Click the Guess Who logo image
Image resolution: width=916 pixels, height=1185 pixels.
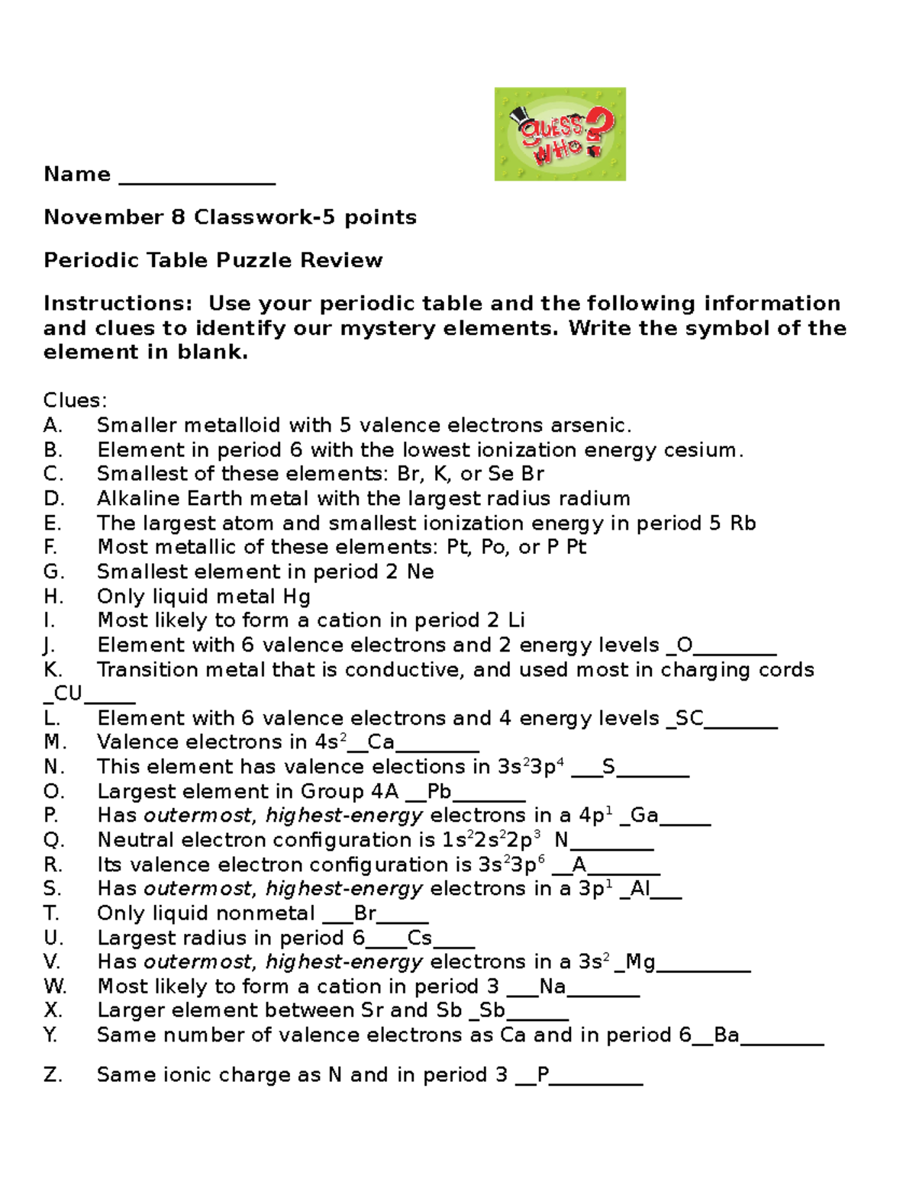pyautogui.click(x=560, y=134)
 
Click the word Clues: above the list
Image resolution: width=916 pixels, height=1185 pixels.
pyautogui.click(x=76, y=401)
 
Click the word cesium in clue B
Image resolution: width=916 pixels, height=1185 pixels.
pyautogui.click(x=702, y=449)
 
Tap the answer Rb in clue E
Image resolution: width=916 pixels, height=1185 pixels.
pyautogui.click(x=743, y=523)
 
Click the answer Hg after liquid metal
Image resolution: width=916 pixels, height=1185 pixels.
pyautogui.click(x=297, y=597)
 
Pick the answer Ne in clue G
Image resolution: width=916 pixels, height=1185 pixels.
pyautogui.click(x=421, y=572)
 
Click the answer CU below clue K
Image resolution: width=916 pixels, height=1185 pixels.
pyautogui.click(x=68, y=694)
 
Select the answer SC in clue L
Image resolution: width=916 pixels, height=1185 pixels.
pyautogui.click(x=689, y=718)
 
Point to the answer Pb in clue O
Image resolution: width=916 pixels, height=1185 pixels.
pyautogui.click(x=439, y=791)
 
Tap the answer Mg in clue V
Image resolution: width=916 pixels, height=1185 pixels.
pyautogui.click(x=640, y=962)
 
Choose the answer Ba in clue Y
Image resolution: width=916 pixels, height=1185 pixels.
pyautogui.click(x=726, y=1035)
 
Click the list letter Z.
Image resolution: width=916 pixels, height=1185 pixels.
pyautogui.click(x=53, y=1075)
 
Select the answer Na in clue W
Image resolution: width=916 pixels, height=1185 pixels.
pyautogui.click(x=552, y=987)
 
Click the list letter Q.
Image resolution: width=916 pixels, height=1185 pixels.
pyautogui.click(x=53, y=840)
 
